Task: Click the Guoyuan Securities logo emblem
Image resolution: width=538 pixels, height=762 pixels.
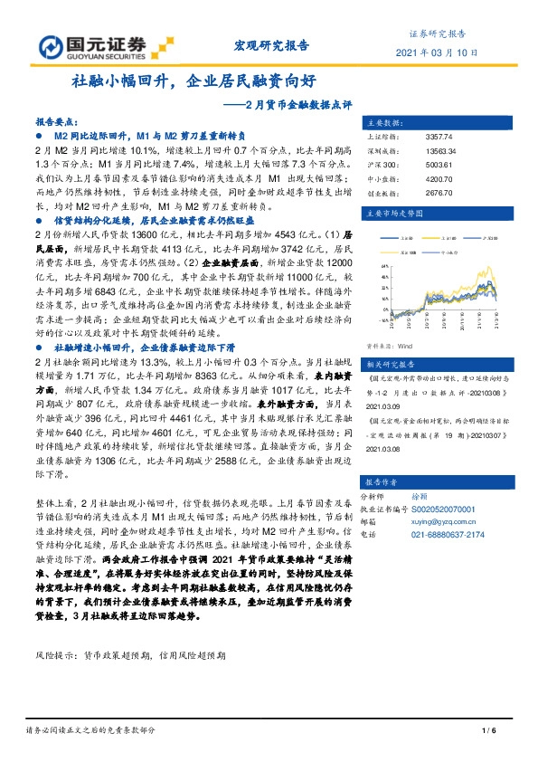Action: (53, 46)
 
